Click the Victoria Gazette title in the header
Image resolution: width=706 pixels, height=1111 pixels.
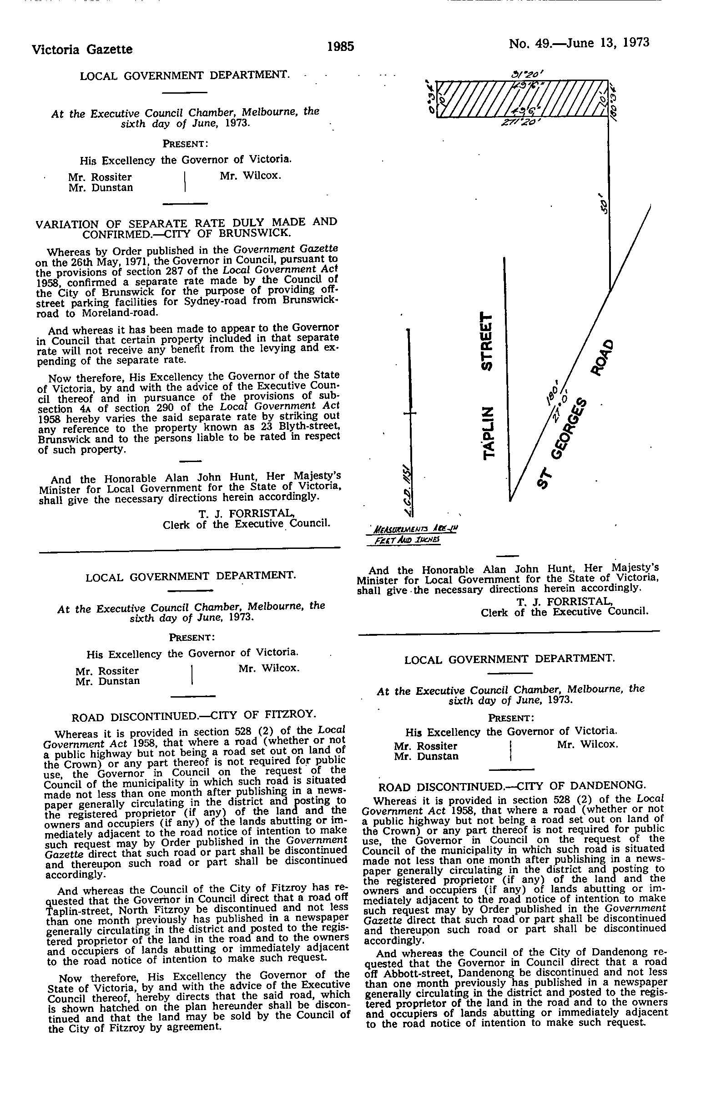tap(82, 49)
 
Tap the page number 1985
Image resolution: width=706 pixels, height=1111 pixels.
tap(341, 46)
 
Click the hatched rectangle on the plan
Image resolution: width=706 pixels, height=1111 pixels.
tap(521, 99)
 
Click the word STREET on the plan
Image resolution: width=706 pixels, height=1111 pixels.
tap(487, 341)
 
